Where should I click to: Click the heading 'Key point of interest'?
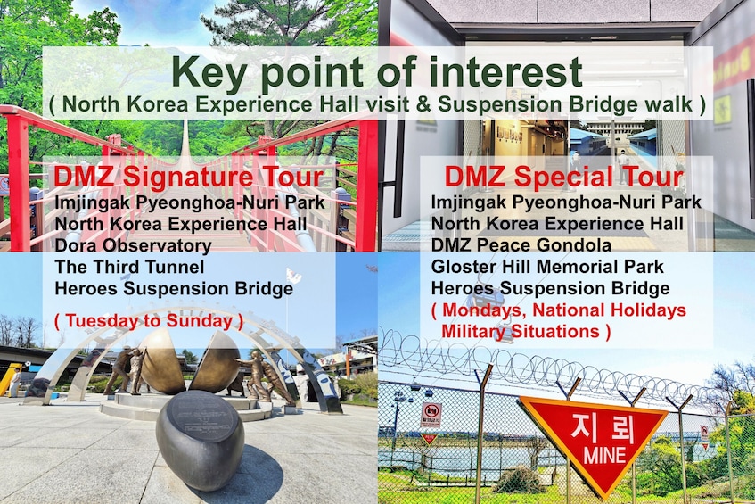[377, 72]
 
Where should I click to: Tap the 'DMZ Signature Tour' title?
[188, 177]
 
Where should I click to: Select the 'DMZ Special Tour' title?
[564, 177]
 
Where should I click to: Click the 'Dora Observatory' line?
[133, 245]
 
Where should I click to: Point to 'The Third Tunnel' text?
[129, 267]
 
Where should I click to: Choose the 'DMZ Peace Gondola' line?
[521, 244]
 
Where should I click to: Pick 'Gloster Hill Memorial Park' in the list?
[547, 267]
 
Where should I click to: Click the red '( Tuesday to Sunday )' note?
[149, 321]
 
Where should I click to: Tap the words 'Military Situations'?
[521, 332]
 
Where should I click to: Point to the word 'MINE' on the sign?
[604, 455]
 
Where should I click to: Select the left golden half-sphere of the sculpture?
[161, 361]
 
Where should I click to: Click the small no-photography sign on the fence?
[431, 415]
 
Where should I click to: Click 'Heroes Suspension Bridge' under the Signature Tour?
[174, 288]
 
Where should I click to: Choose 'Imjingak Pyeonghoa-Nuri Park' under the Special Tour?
[566, 202]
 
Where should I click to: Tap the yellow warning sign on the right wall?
[722, 110]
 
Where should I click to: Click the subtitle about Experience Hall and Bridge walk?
[377, 104]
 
